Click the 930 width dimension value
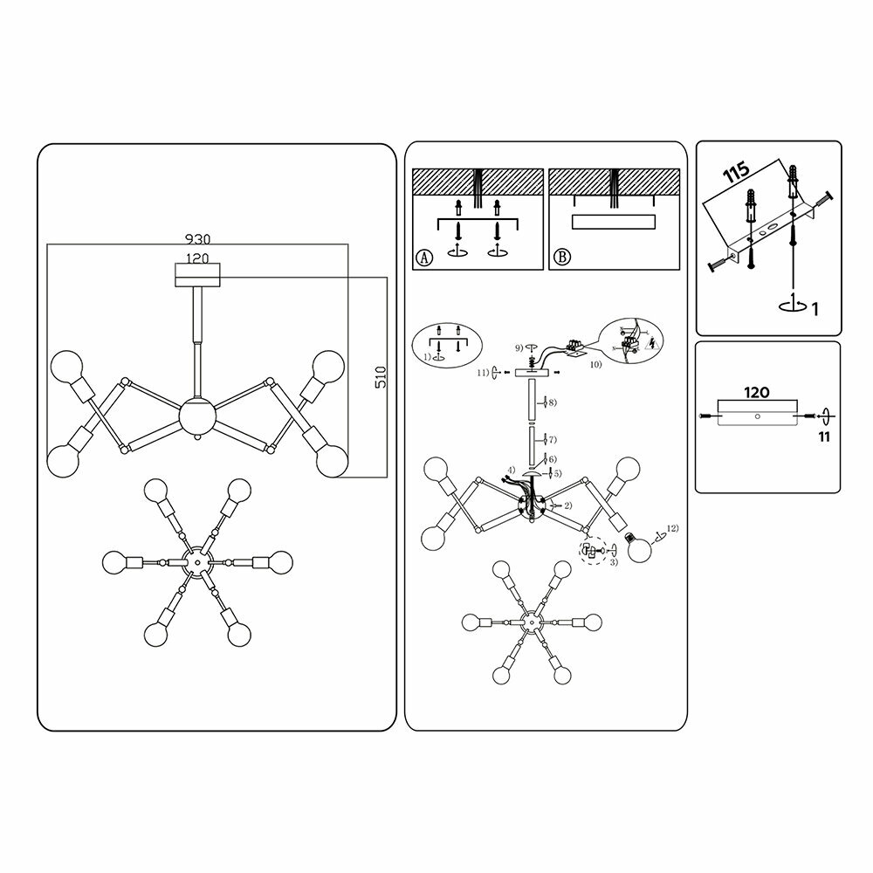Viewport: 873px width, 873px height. click(x=197, y=237)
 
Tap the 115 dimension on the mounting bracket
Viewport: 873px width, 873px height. click(x=737, y=173)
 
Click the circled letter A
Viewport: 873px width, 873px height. click(x=423, y=258)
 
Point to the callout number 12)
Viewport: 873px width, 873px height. click(x=671, y=529)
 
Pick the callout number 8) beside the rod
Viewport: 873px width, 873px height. click(x=552, y=402)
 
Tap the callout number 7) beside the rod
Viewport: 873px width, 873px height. click(x=552, y=439)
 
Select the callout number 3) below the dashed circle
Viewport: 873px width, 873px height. click(x=614, y=563)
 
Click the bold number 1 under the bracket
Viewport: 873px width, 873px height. click(x=813, y=308)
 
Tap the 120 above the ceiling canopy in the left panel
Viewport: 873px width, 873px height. click(x=197, y=258)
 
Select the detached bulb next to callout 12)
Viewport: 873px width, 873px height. click(x=643, y=548)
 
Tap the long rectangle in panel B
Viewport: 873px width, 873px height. click(x=614, y=221)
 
